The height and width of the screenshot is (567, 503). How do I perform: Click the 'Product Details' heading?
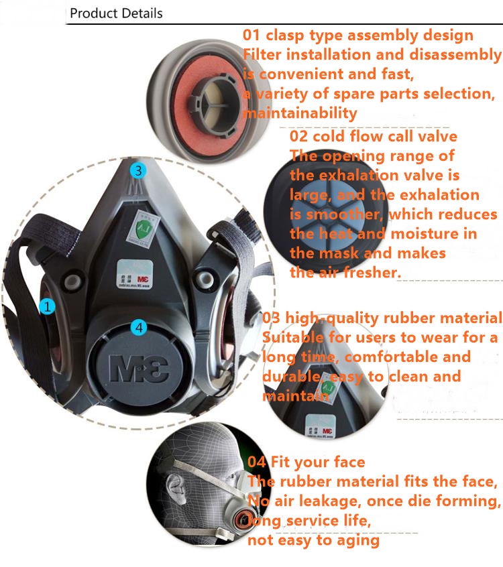pyautogui.click(x=116, y=13)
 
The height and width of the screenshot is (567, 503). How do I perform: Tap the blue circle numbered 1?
pyautogui.click(x=47, y=307)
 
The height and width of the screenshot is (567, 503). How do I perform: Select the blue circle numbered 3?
pyautogui.click(x=137, y=170)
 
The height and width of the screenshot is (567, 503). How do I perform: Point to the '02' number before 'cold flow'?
pyautogui.click(x=300, y=137)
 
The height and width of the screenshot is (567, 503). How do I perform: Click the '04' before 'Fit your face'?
pyautogui.click(x=257, y=462)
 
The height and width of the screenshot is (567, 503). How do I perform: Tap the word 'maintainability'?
pyautogui.click(x=300, y=113)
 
